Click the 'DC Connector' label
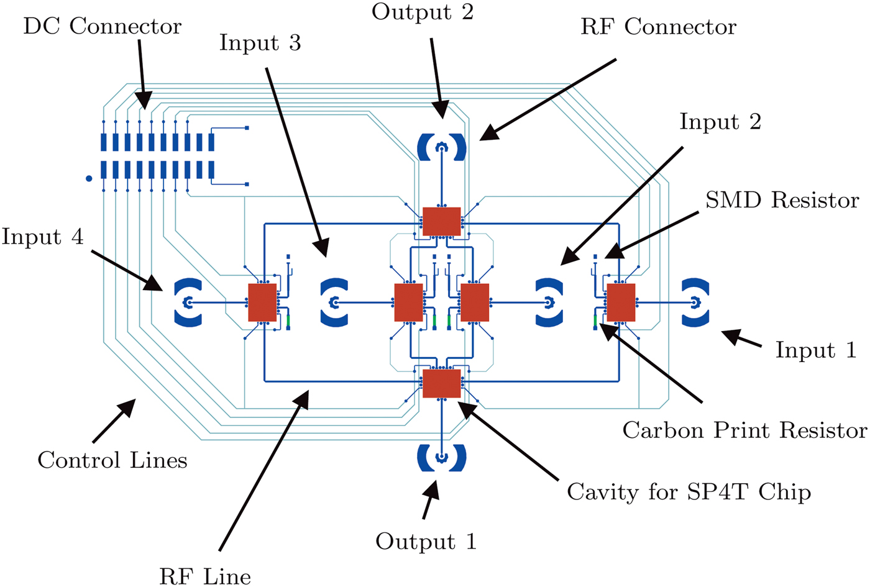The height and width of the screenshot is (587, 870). click(x=102, y=27)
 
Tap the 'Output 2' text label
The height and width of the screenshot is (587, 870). click(x=423, y=12)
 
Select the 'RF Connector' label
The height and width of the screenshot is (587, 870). click(x=658, y=27)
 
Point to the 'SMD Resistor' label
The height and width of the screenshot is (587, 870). click(x=782, y=200)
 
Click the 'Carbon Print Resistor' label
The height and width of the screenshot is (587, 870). click(x=744, y=430)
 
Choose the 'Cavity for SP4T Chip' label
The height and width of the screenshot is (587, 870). click(x=689, y=492)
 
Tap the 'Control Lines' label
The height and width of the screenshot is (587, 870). click(x=112, y=460)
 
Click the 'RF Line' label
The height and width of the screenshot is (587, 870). click(x=205, y=576)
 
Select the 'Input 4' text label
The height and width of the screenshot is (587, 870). click(x=42, y=237)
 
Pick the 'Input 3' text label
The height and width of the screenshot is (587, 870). click(x=260, y=43)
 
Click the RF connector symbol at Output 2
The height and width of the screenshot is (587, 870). click(x=442, y=147)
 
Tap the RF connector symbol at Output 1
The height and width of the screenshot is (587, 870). click(x=442, y=458)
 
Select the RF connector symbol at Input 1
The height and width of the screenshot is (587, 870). click(x=695, y=303)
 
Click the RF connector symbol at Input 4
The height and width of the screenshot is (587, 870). click(x=188, y=303)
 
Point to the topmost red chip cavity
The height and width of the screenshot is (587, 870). click(x=441, y=222)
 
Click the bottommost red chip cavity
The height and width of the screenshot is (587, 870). click(x=441, y=383)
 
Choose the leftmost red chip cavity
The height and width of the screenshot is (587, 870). click(x=262, y=303)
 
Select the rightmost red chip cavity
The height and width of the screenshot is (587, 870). click(x=621, y=303)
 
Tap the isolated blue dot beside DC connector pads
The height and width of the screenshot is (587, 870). click(x=89, y=179)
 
